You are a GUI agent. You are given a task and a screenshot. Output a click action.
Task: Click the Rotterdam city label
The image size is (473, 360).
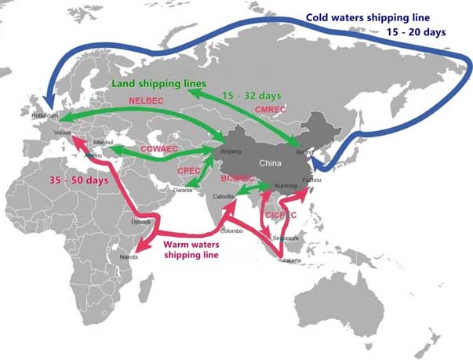coord(45,115)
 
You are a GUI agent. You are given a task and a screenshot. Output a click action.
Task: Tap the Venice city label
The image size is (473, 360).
coord(62,133)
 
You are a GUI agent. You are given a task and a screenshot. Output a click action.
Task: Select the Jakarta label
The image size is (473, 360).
coord(289,260)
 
